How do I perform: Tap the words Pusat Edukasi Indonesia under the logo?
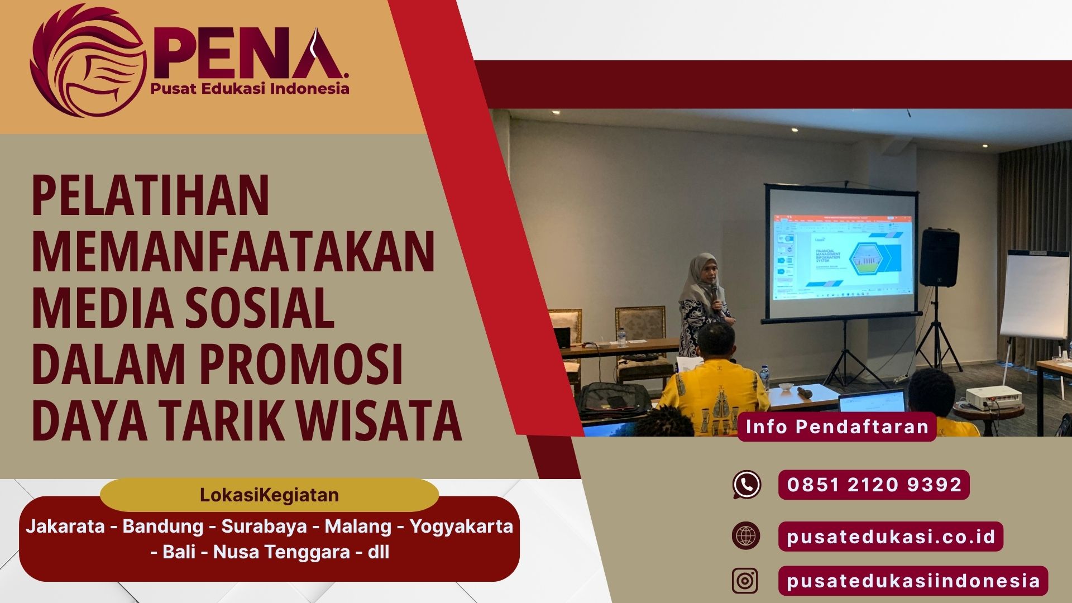(x=250, y=89)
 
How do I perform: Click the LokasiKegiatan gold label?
(x=269, y=495)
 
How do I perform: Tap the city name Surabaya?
(x=264, y=527)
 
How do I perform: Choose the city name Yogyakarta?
(x=461, y=527)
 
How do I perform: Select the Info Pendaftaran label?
(x=836, y=427)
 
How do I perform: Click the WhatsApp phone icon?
(x=746, y=485)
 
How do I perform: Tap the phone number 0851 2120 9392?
(x=874, y=485)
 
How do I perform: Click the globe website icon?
(x=746, y=536)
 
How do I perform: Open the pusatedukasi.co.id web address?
(x=891, y=537)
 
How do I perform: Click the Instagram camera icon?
(x=745, y=581)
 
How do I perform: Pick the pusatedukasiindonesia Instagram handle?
(x=913, y=581)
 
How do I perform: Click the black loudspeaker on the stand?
(x=939, y=257)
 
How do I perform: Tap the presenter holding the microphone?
(x=705, y=301)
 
